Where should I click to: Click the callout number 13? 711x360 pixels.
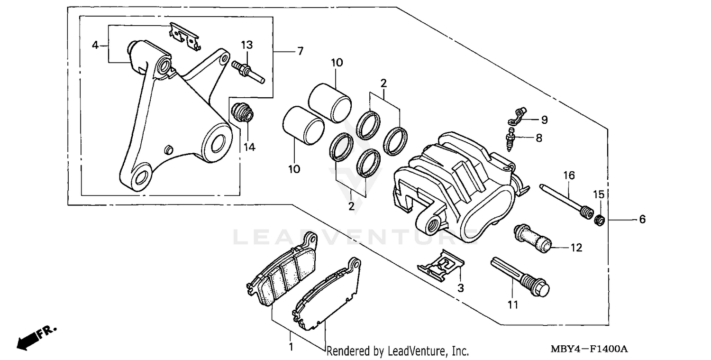(246, 45)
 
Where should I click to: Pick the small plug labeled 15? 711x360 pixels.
(599, 220)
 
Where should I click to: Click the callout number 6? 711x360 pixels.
(642, 219)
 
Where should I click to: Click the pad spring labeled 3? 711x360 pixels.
(441, 266)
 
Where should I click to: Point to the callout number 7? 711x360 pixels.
(300, 51)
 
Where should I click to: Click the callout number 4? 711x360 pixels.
(95, 45)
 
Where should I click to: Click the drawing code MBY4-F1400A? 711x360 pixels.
(589, 350)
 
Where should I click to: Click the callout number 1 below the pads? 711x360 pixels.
(291, 347)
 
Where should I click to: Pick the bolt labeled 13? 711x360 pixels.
(248, 70)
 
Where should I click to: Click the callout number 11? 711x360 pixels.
(513, 305)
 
